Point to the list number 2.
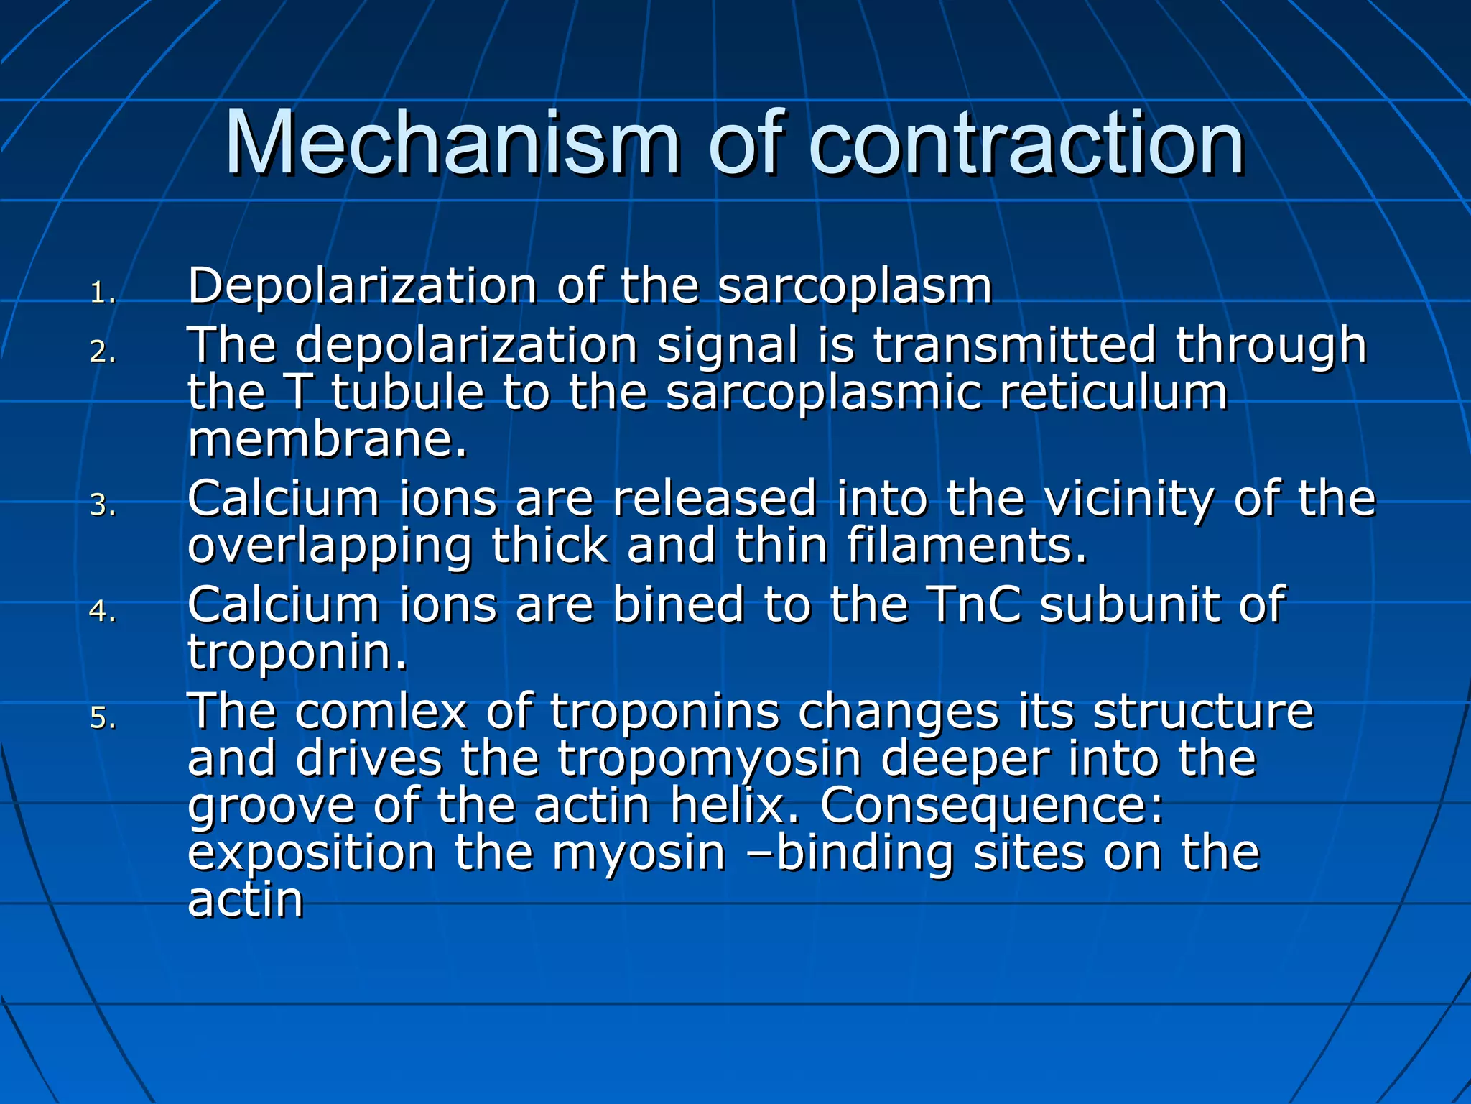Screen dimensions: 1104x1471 [102, 352]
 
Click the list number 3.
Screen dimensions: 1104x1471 [102, 505]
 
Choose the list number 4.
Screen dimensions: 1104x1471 [102, 612]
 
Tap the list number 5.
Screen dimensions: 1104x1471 [102, 718]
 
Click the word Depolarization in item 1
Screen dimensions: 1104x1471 [363, 286]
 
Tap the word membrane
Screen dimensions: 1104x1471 [327, 440]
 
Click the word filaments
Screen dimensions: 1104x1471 [966, 546]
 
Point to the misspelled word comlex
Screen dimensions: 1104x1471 [381, 712]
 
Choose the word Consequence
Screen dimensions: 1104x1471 [991, 806]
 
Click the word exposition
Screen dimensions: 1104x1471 [311, 854]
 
